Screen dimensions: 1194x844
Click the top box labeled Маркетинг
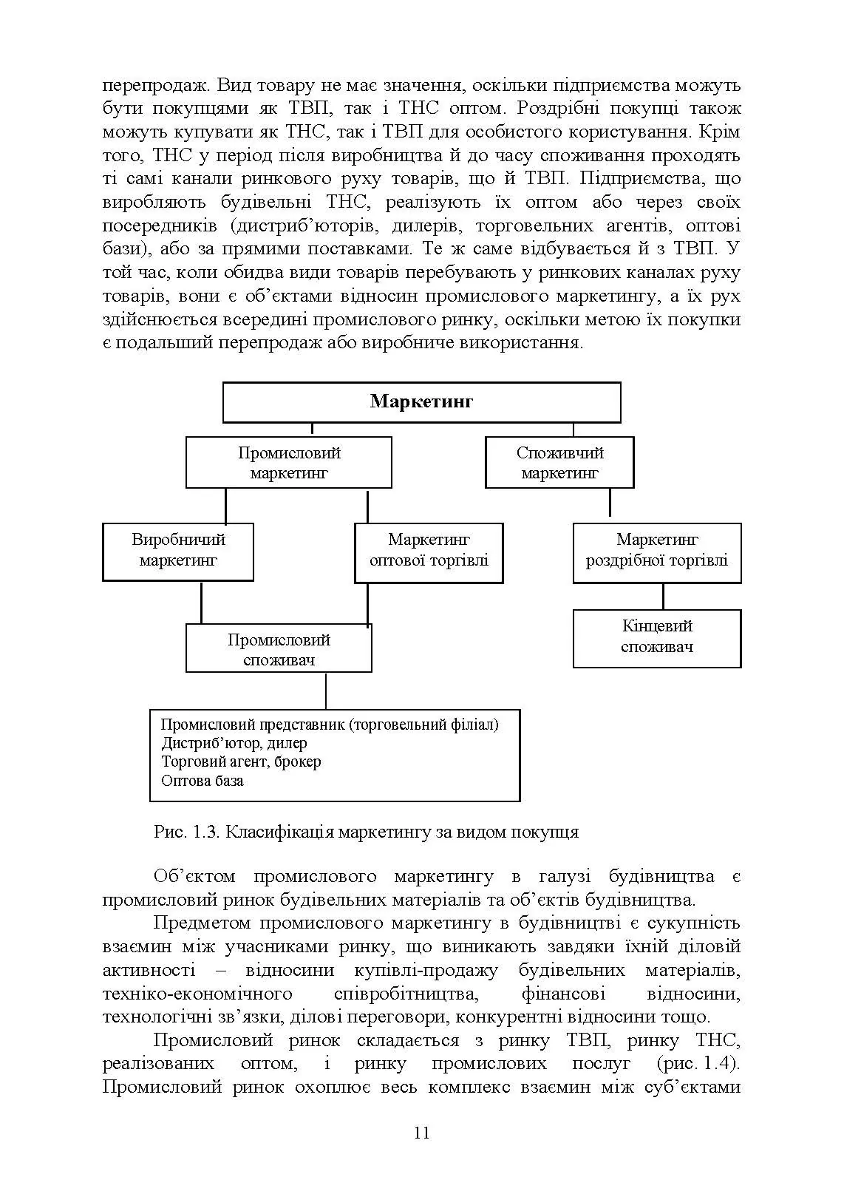point(421,402)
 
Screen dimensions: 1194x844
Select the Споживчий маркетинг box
point(559,463)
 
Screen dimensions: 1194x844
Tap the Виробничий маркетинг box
point(178,551)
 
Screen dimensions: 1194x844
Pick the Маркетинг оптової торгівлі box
point(429,551)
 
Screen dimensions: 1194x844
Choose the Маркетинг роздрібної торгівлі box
point(657,551)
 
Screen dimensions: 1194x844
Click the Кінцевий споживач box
point(657,637)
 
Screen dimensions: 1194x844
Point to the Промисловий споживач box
point(279,649)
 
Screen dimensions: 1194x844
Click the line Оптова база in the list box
point(203,781)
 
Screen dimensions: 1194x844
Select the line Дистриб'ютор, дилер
point(234,743)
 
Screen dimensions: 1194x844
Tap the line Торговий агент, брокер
point(241,761)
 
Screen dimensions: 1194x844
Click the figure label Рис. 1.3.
point(187,832)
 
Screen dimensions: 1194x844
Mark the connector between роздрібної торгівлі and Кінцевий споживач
point(663,596)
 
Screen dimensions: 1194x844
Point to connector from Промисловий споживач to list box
point(326,691)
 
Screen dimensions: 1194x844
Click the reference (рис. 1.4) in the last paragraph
point(698,1064)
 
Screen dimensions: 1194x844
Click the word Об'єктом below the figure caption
point(194,877)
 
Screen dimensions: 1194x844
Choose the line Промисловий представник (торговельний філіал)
point(330,725)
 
